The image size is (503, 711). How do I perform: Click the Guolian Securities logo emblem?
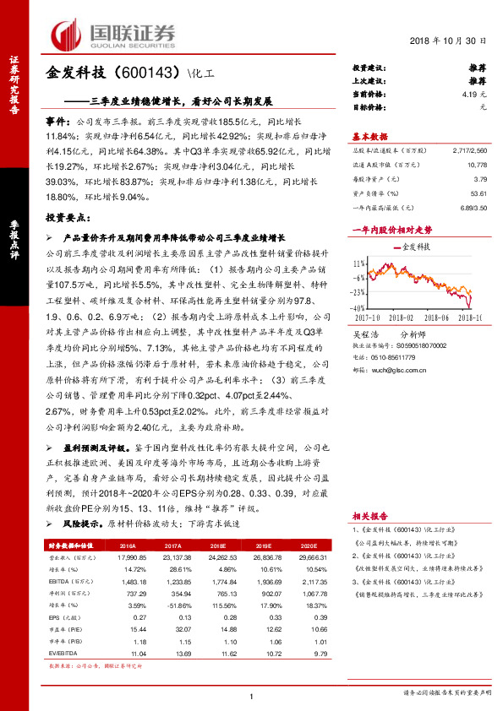click(70, 35)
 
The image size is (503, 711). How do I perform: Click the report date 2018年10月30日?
click(455, 41)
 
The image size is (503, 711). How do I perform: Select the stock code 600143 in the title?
click(145, 73)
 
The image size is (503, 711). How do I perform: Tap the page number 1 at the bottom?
click(252, 696)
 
